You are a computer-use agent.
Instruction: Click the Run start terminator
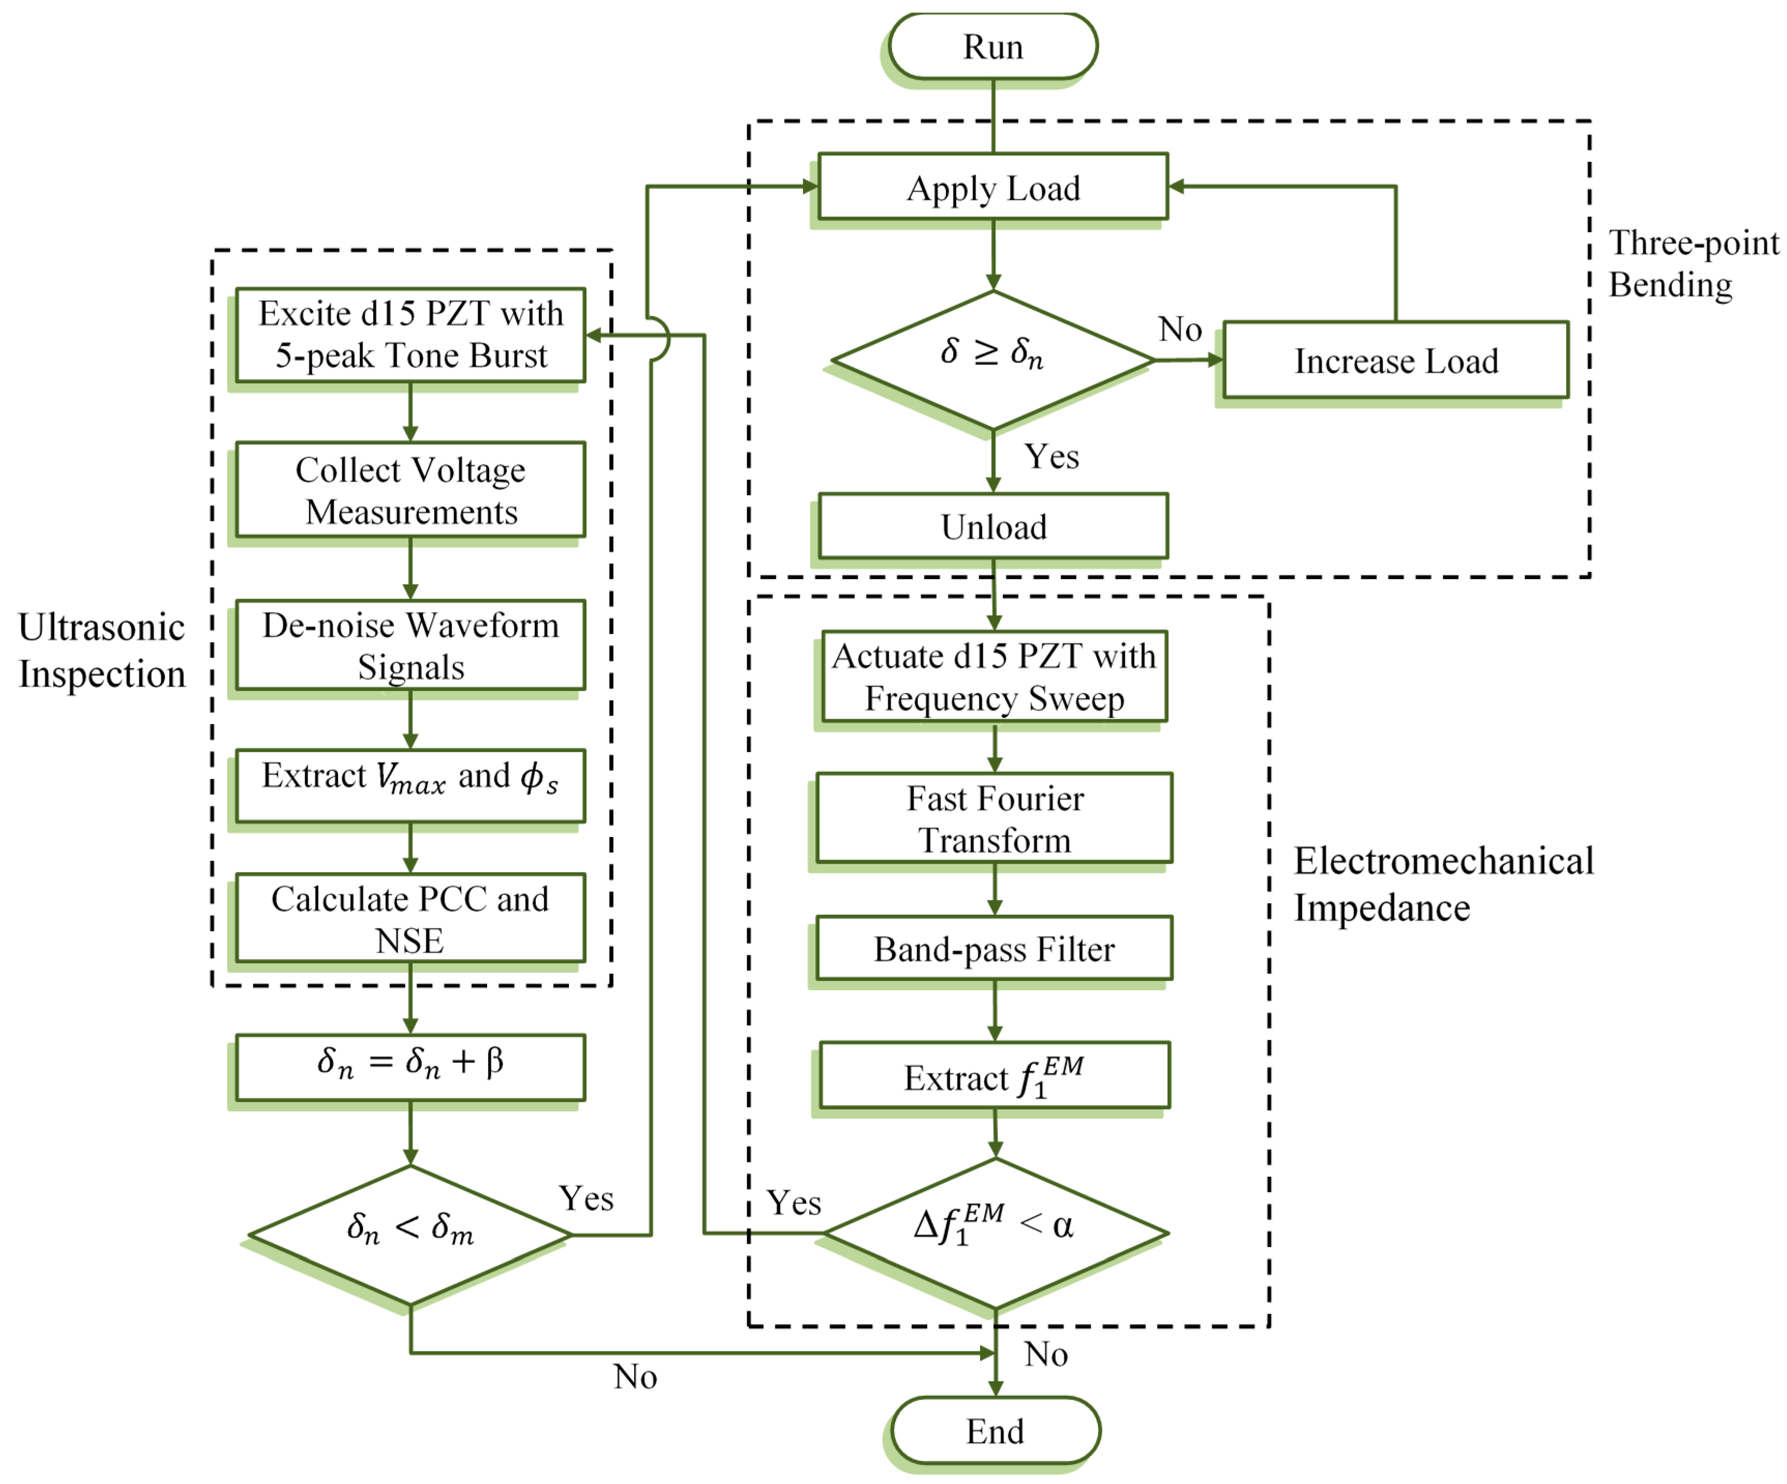[992, 46]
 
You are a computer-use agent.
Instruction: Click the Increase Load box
[1396, 360]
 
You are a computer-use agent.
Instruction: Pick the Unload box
[993, 527]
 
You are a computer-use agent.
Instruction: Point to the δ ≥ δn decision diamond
[993, 360]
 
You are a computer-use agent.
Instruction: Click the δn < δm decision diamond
[410, 1234]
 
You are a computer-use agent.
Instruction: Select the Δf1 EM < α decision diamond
[995, 1233]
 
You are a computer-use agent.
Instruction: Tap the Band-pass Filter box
[994, 948]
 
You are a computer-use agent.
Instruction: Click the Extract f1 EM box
[995, 1075]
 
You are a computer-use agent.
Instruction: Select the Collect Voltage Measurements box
[410, 490]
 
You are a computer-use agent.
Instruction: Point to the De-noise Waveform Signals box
[410, 646]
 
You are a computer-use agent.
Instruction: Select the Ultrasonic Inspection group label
[101, 650]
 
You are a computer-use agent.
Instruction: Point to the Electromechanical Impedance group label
[1443, 884]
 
